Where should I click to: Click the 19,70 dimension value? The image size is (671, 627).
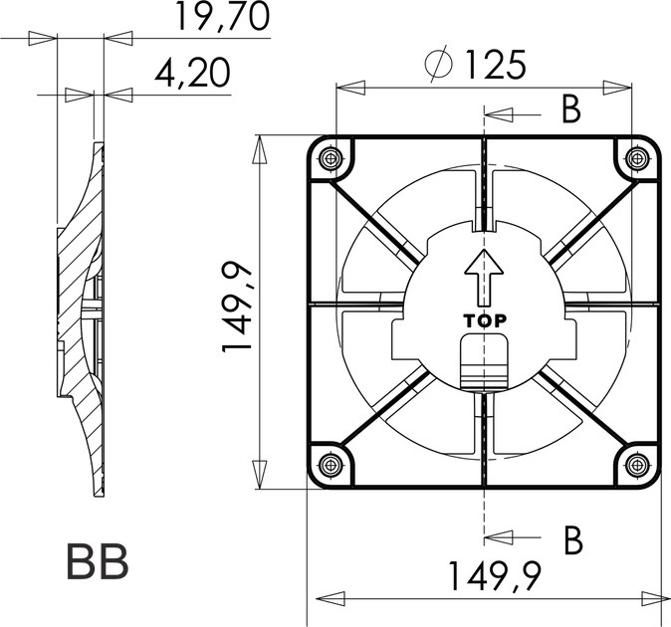coord(221,18)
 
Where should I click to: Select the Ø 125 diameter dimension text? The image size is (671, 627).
coord(475,66)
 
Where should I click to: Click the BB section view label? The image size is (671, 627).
coord(97,562)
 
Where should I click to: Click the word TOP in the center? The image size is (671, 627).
coord(485,321)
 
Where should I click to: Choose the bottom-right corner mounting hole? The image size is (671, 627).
coord(637,463)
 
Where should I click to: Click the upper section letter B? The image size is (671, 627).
coord(570,109)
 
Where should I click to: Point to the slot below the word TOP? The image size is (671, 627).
coord(485,363)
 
